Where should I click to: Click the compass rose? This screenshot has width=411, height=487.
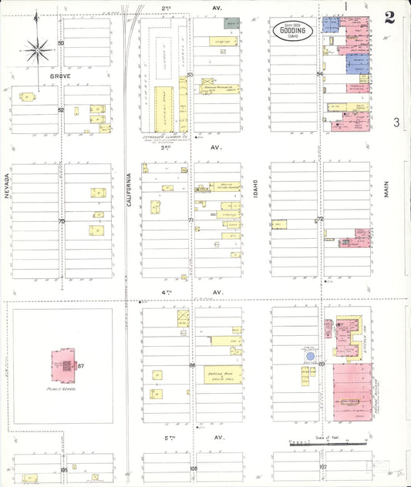tap(38, 52)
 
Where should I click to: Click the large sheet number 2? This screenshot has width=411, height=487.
tap(389, 16)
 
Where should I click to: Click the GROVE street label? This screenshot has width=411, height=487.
tap(60, 77)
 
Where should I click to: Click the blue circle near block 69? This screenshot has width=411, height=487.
tap(309, 357)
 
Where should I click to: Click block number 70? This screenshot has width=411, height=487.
tap(62, 222)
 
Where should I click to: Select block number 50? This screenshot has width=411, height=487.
tap(61, 43)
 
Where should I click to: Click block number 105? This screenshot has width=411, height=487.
tap(64, 469)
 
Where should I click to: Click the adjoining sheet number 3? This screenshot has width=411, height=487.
tap(395, 122)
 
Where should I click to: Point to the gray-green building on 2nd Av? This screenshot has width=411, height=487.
tap(231, 24)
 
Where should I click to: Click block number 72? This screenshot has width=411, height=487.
tap(320, 220)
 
